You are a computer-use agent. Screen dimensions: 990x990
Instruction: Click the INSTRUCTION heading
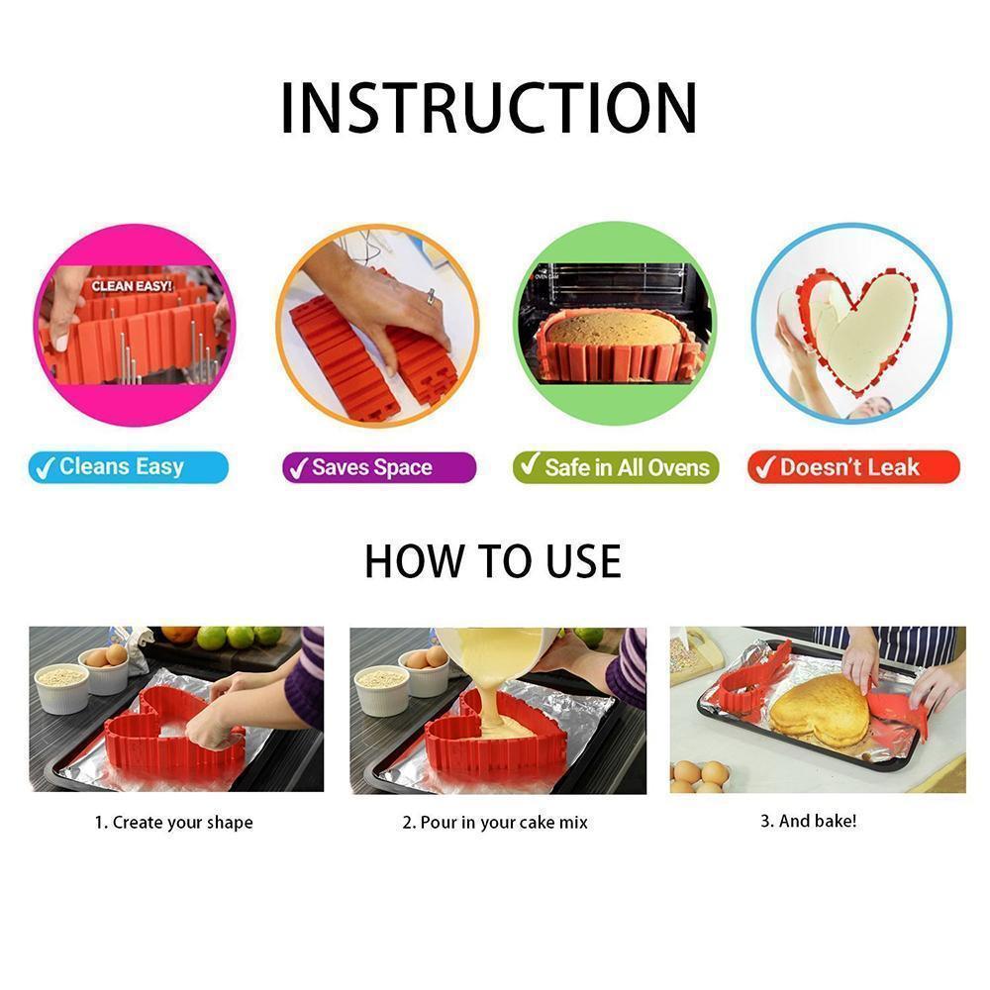[x=488, y=108]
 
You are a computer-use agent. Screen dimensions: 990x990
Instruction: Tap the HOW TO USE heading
[x=493, y=560]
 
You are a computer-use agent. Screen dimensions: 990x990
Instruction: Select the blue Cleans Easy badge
[x=128, y=467]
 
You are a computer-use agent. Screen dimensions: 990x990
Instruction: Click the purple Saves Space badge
[x=379, y=468]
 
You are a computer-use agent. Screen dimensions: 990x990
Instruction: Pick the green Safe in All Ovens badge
[x=616, y=467]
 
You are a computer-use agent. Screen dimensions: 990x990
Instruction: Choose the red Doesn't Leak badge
[x=853, y=467]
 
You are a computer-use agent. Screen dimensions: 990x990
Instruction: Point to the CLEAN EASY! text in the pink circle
[x=132, y=286]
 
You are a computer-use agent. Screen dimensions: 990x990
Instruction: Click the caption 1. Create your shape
[x=173, y=823]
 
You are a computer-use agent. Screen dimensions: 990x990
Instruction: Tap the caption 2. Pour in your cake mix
[x=495, y=823]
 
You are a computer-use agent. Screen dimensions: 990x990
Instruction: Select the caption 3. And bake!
[x=808, y=821]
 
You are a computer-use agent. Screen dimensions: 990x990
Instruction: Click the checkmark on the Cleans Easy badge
[x=45, y=468]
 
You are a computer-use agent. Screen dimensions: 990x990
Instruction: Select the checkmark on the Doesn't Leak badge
[x=764, y=468]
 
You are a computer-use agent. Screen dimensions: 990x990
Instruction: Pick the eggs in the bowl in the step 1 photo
[x=107, y=656]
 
